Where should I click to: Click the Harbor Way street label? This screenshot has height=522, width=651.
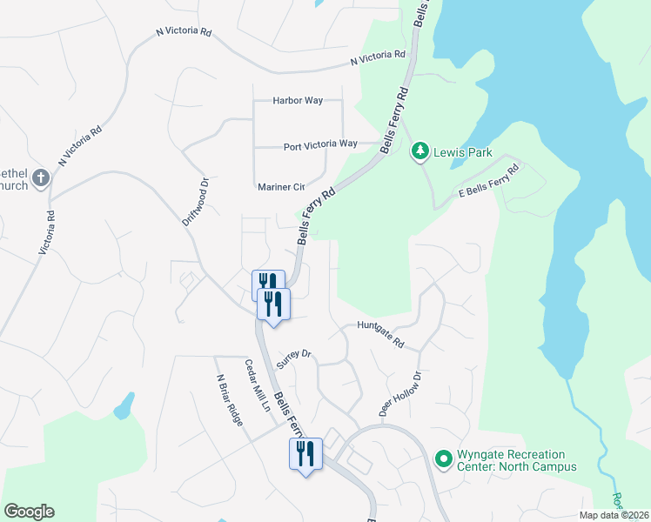pyautogui.click(x=298, y=101)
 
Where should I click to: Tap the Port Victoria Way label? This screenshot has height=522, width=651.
pyautogui.click(x=320, y=144)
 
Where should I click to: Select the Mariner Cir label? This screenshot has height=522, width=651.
pyautogui.click(x=281, y=187)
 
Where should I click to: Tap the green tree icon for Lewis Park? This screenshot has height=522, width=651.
pyautogui.click(x=420, y=151)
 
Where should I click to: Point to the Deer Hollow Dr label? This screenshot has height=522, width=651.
pyautogui.click(x=399, y=393)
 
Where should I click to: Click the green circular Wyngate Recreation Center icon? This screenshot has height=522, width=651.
pyautogui.click(x=443, y=457)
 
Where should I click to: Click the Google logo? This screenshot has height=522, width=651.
pyautogui.click(x=29, y=512)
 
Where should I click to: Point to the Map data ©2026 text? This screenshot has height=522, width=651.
pyautogui.click(x=613, y=515)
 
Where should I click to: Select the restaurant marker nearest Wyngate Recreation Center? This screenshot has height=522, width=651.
pyautogui.click(x=305, y=453)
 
